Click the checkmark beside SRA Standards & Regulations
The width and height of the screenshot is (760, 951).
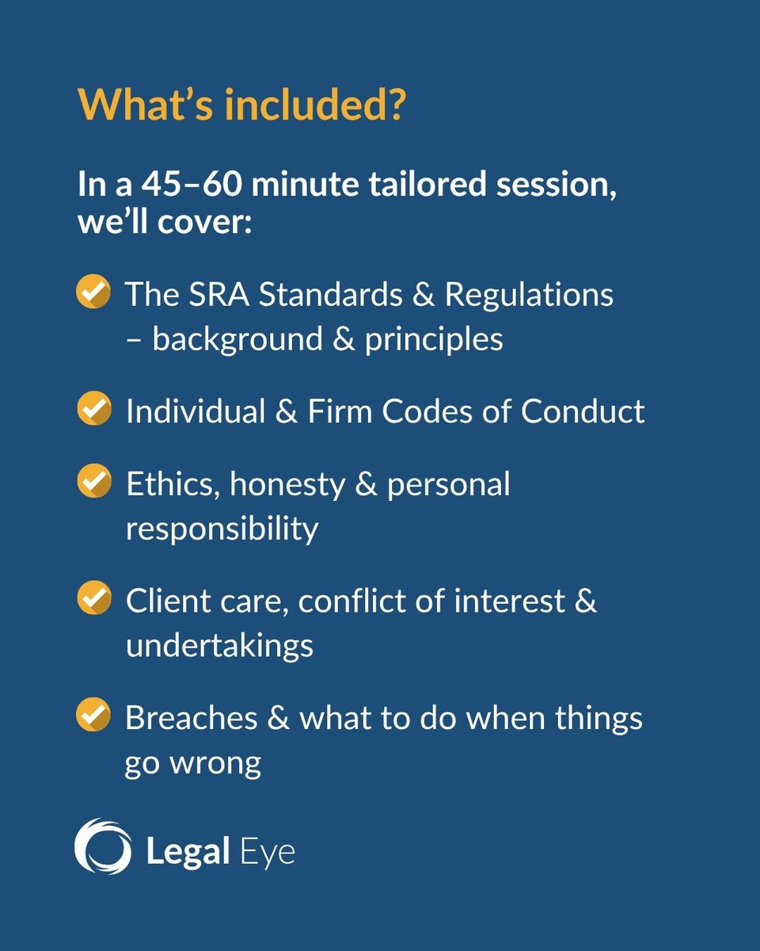93,293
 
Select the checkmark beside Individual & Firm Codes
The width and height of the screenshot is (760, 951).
93,411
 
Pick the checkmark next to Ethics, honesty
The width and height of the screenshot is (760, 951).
93,482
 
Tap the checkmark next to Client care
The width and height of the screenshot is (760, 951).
93,598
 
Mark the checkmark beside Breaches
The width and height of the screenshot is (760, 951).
93,716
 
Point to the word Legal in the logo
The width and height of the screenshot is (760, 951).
185,852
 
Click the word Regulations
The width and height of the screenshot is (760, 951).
529,295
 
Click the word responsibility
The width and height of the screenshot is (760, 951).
222,529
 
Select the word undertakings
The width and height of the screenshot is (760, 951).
219,646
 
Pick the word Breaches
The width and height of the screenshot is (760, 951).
191,718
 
